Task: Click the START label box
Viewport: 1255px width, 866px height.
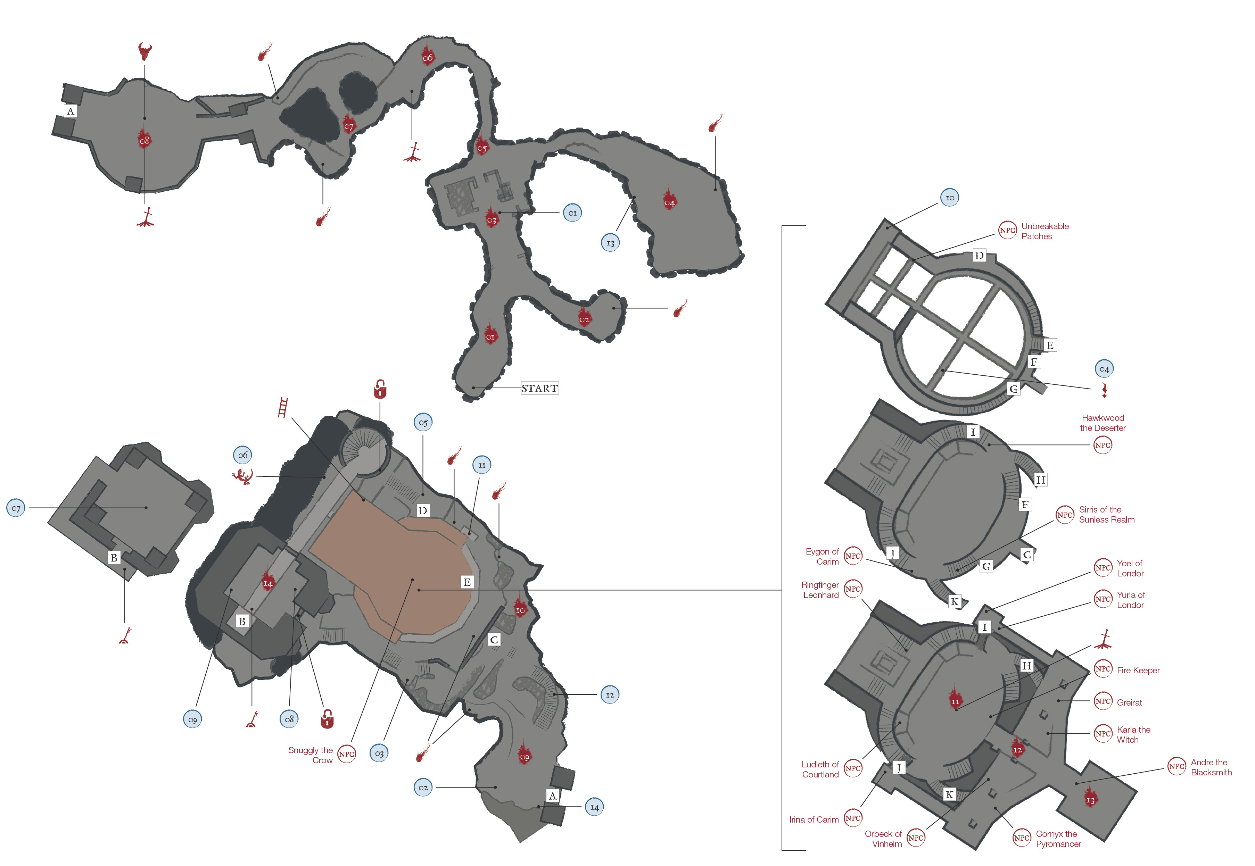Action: click(539, 388)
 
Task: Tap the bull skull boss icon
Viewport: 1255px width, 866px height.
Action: click(145, 51)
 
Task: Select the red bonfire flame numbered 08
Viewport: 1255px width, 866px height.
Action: click(145, 139)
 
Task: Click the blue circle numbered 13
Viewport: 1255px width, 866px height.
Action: click(610, 243)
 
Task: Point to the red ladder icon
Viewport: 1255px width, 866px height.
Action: click(283, 408)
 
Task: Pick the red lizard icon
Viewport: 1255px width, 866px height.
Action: click(243, 476)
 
